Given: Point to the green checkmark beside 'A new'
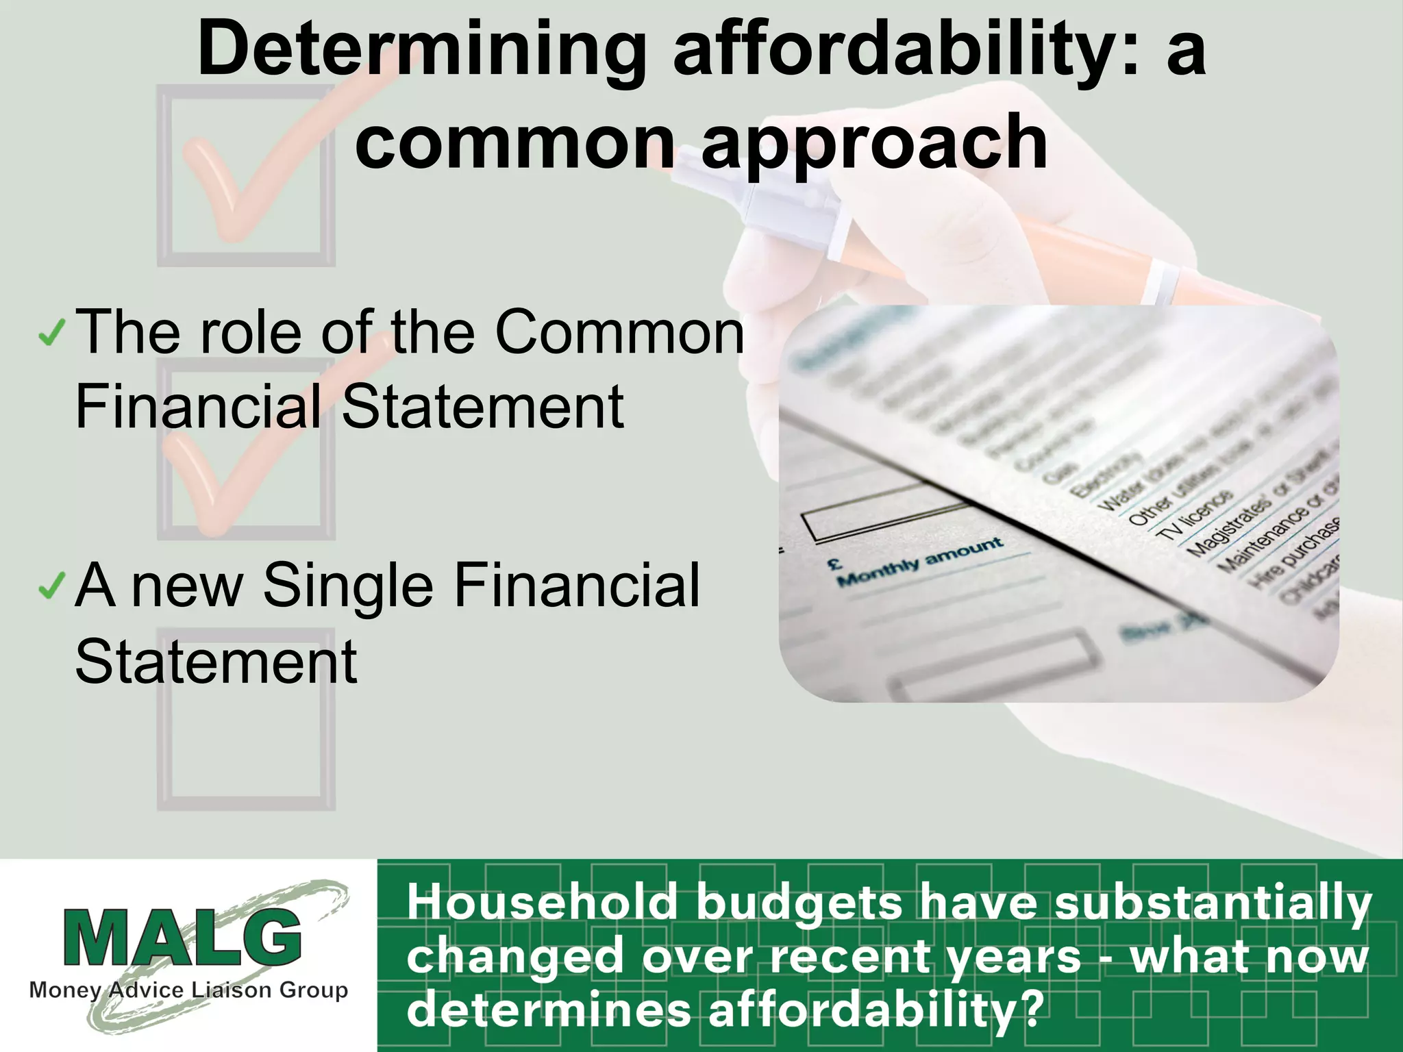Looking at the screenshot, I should (52, 586).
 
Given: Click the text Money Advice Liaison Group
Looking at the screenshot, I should (188, 990).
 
